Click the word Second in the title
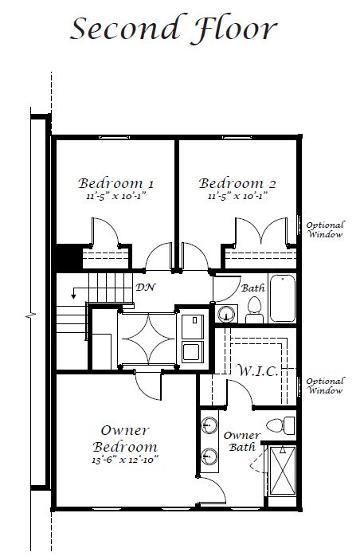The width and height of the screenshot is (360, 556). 126,28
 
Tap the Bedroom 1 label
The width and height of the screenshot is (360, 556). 116,183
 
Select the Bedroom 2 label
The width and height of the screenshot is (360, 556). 237,183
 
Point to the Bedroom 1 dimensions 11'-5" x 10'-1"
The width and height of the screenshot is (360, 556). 116,196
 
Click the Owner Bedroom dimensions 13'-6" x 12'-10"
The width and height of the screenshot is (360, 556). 125,460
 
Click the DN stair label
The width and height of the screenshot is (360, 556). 146,287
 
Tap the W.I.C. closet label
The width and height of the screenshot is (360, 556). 257,371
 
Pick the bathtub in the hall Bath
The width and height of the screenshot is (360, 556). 282,299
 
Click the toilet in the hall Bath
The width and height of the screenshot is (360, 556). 254,310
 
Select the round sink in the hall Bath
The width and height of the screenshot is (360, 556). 225,314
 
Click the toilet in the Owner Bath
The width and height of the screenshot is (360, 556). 280,425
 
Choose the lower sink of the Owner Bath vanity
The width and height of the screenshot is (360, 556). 209,456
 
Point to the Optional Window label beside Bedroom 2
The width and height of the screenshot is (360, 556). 325,229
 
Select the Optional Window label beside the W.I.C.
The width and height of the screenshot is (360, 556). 325,386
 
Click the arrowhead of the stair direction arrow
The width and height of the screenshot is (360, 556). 74,296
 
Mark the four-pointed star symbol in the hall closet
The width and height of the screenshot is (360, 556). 148,339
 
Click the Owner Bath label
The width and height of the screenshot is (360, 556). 242,441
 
